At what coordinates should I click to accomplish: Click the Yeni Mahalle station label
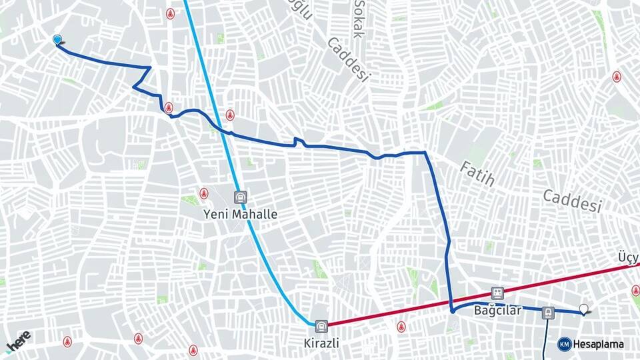pyautogui.click(x=240, y=215)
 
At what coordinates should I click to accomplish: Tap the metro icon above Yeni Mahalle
pyautogui.click(x=240, y=197)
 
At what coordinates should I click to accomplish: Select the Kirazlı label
pyautogui.click(x=321, y=343)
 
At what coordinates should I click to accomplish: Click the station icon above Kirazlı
pyautogui.click(x=322, y=327)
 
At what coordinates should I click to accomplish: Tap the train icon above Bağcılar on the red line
pyautogui.click(x=497, y=293)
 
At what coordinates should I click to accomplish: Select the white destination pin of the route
pyautogui.click(x=585, y=309)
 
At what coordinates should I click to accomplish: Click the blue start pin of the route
pyautogui.click(x=57, y=40)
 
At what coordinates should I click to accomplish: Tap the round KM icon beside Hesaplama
pyautogui.click(x=564, y=344)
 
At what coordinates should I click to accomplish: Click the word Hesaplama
pyautogui.click(x=599, y=344)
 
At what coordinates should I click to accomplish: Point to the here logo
pyautogui.click(x=18, y=341)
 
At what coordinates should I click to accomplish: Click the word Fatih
pyautogui.click(x=477, y=173)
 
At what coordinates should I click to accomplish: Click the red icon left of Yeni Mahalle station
pyautogui.click(x=203, y=194)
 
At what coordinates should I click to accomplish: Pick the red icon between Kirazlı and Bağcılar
pyautogui.click(x=401, y=327)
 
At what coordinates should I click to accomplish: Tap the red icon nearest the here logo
pyautogui.click(x=67, y=341)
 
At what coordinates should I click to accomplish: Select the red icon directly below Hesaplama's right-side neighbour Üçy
pyautogui.click(x=635, y=291)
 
